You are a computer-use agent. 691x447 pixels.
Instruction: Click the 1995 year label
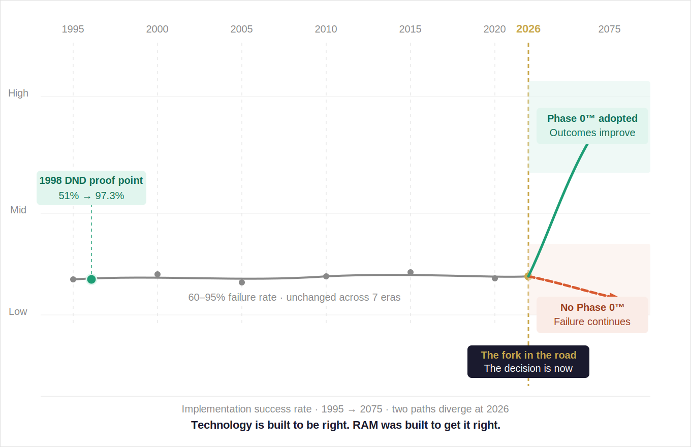tap(73, 29)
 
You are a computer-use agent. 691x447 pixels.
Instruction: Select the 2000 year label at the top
tap(157, 29)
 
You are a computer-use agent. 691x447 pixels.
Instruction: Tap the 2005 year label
tap(241, 29)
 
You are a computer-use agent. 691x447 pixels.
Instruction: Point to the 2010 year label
tap(326, 29)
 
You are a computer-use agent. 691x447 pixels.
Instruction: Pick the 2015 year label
tap(410, 29)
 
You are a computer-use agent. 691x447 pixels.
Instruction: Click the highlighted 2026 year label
tap(528, 29)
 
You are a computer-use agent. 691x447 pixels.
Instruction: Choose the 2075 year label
tap(609, 29)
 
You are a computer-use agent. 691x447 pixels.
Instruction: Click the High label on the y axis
tap(18, 93)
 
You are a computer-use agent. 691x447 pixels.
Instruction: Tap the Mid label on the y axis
tap(18, 210)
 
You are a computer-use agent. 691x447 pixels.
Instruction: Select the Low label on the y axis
tap(18, 311)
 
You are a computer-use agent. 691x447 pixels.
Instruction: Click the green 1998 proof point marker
tap(91, 279)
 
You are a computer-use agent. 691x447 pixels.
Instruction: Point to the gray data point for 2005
tap(242, 282)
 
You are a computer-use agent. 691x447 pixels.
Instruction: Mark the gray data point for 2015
tap(411, 272)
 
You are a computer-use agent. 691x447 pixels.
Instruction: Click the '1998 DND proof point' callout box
tap(91, 188)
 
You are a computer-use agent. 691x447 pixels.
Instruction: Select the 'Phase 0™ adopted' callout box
tap(592, 126)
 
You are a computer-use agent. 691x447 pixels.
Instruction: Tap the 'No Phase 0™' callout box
tap(592, 315)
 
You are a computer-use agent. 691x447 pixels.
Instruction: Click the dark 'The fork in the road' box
tap(528, 362)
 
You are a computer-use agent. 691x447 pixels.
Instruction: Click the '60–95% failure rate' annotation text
tap(294, 297)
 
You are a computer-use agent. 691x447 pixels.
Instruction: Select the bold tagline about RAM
tap(345, 425)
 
